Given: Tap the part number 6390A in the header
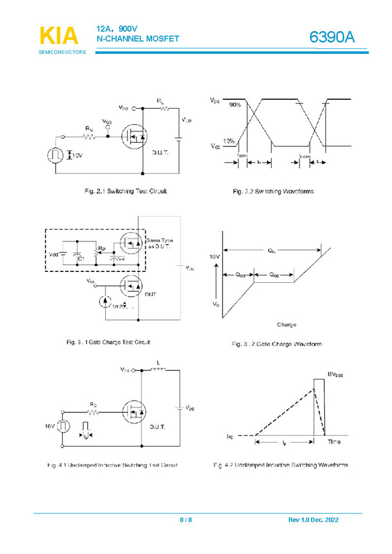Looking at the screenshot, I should pos(332,37).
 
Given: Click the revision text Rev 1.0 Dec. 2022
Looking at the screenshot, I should pos(313,520).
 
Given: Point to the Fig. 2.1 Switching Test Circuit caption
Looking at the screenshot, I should pos(126,192).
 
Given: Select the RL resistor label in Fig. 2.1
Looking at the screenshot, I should pos(160,100).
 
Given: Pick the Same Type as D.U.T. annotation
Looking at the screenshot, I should pos(159,244).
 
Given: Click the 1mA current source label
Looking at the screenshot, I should pos(120,306).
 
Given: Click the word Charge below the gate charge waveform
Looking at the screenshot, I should pos(286,325).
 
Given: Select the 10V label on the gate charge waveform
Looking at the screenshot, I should pos(214,257).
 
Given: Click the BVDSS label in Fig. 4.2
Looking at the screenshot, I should pos(338,375).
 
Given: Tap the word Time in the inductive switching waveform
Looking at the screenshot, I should pos(334,442).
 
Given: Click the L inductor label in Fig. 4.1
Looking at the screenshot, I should pos(158,362).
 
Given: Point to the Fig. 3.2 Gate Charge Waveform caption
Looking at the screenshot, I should pos(277,344).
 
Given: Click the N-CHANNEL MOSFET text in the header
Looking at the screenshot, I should pos(138,39).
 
